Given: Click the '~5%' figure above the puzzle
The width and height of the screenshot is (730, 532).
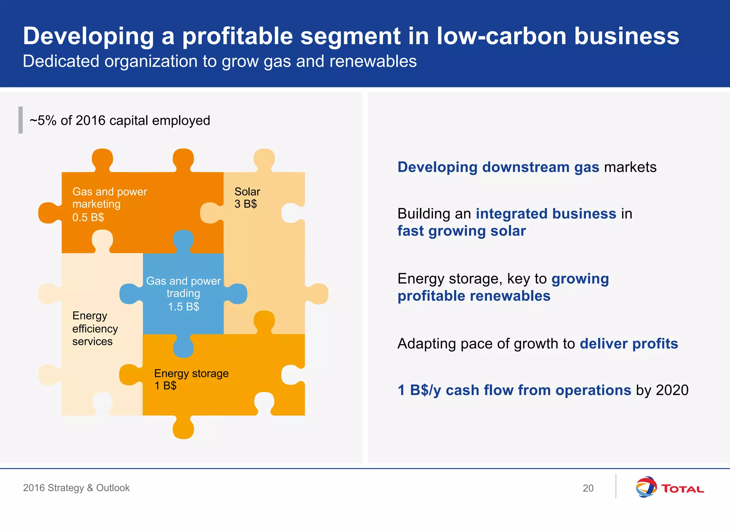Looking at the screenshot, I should (43, 121).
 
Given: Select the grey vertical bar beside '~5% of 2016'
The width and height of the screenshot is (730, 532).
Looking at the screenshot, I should (21, 120).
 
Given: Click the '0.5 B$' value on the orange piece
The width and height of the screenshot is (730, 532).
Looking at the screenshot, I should (88, 217).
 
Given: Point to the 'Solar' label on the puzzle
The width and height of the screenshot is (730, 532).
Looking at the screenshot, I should (247, 192).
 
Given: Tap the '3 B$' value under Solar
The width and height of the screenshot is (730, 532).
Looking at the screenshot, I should (246, 204).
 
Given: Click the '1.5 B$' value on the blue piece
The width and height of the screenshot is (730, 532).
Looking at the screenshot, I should (183, 307).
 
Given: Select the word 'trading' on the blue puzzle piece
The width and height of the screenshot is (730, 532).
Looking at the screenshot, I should (183, 293).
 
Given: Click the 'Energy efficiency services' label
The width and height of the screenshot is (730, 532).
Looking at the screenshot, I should (95, 328).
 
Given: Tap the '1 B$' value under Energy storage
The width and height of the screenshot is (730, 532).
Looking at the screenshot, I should (165, 386).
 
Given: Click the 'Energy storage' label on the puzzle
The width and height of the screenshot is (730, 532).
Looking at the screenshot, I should (191, 373).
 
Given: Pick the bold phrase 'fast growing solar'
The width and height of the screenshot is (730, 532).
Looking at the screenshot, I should (462, 231).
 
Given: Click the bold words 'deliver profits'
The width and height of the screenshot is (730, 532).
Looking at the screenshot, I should (629, 344).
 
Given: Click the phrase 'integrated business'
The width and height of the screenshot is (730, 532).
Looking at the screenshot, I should (546, 214).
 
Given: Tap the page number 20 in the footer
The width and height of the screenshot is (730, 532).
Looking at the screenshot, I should (588, 488).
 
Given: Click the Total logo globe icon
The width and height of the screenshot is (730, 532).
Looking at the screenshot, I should (646, 487).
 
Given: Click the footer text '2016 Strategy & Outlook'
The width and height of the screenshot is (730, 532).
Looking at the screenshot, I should (76, 488).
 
